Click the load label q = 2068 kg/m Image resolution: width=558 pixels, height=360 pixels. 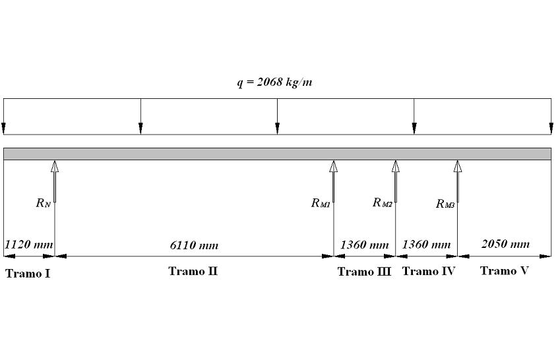point(275,82)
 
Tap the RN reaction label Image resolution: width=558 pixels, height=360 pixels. point(43,203)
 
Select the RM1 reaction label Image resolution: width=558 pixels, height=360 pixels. point(321,203)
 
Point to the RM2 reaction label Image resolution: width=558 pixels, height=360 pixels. point(382,202)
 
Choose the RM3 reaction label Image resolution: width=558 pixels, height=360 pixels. point(445,204)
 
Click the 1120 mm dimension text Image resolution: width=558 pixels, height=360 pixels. point(28,245)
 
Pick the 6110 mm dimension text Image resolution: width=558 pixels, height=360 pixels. point(194,245)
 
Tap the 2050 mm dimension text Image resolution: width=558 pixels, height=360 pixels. point(505,244)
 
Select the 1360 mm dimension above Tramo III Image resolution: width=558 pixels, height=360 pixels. point(364,245)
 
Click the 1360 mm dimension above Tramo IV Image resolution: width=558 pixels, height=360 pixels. point(426,245)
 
